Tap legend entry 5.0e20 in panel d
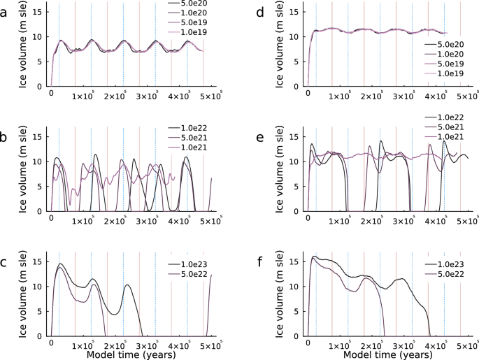click(x=452, y=44)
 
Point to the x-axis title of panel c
click(x=132, y=354)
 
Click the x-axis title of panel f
click(x=389, y=354)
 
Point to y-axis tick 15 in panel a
click(x=38, y=12)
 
